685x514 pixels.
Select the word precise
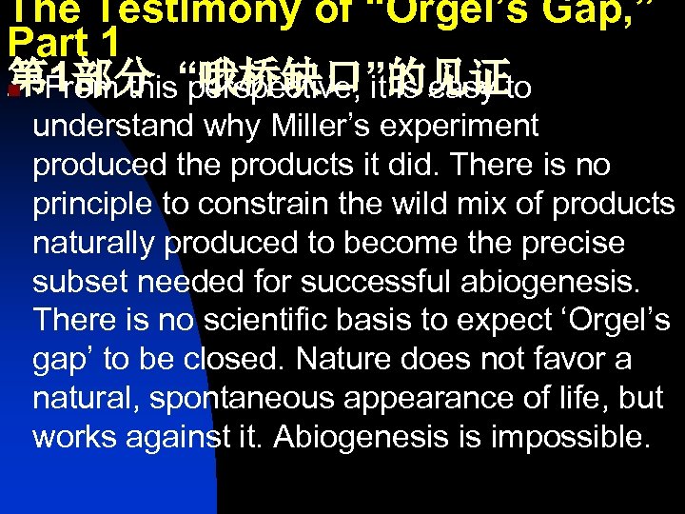coord(571,243)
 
